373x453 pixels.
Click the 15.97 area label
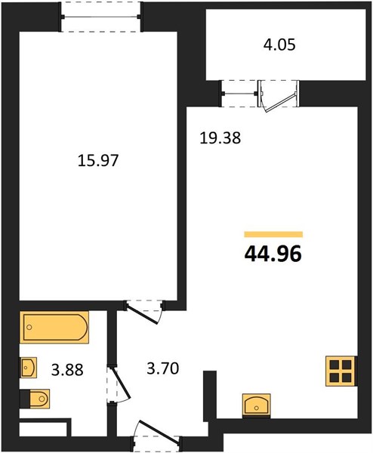98,161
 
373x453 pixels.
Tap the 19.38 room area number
220,138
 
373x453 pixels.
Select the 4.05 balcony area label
279,45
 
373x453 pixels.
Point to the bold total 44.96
273,254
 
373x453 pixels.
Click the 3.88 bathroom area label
67,370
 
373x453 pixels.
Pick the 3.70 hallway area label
163,368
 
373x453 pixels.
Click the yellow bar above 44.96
273,234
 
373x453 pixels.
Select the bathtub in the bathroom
54,328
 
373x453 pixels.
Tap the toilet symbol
35,399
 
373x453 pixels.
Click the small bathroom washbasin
28,368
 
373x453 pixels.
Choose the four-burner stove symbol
341,371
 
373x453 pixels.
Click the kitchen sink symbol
257,405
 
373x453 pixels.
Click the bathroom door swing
119,384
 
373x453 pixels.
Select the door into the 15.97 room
144,312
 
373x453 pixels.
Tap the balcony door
279,95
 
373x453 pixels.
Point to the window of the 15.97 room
101,17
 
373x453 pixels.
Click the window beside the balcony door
239,94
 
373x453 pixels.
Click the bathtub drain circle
29,328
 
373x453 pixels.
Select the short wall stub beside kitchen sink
210,396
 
